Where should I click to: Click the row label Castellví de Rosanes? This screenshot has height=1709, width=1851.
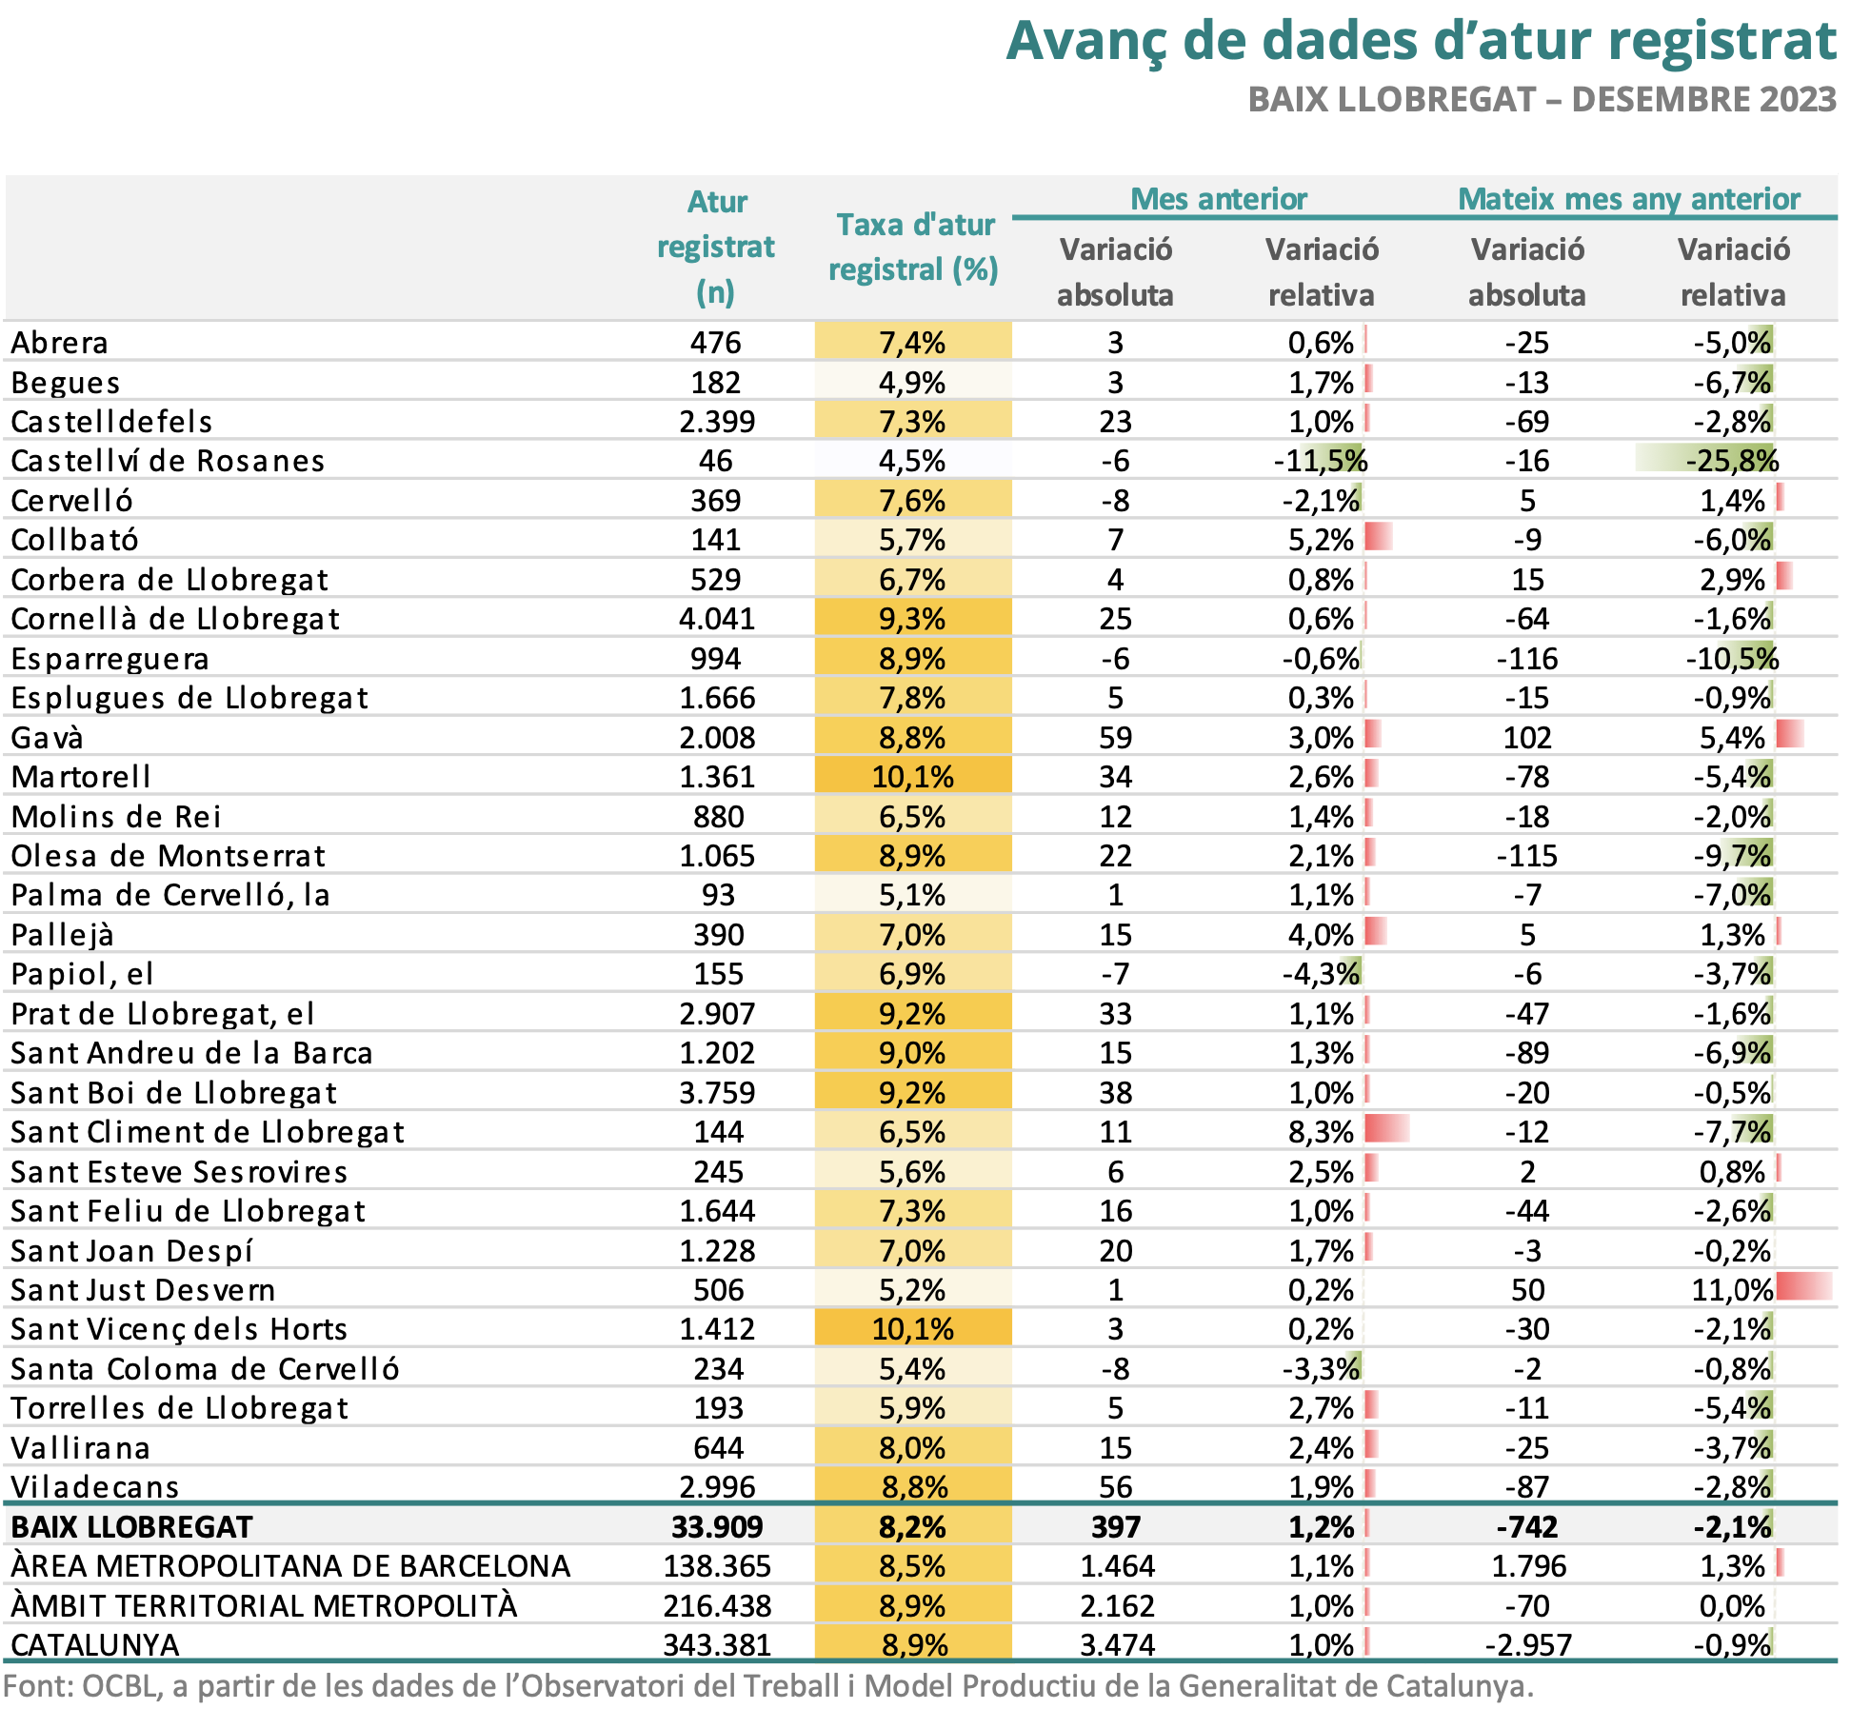coord(168,461)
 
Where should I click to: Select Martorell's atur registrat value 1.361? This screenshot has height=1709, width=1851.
coord(716,777)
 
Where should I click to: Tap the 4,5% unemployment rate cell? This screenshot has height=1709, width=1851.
coord(912,461)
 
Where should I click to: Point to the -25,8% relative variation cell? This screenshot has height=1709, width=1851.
coord(1731,461)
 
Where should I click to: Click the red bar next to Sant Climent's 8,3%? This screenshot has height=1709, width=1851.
coord(1386,1130)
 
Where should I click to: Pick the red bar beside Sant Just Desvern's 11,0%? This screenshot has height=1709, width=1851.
coord(1803,1287)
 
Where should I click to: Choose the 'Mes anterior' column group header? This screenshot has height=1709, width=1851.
coord(1218,199)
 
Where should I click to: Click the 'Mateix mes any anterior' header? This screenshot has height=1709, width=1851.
coord(1628,199)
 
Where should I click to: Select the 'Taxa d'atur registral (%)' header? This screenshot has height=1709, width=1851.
coord(913,248)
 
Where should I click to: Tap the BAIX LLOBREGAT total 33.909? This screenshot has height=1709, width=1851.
coord(716,1527)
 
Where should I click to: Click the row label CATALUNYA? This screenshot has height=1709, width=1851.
coord(95,1645)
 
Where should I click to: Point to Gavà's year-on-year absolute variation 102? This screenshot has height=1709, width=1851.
coord(1527,738)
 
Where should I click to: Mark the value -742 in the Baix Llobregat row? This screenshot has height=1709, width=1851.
coord(1527,1527)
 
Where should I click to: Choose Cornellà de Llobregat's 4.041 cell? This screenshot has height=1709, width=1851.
coord(716,619)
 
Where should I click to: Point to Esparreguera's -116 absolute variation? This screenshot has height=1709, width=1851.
coord(1527,659)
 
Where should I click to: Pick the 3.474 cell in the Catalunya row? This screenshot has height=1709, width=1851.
coord(1117,1645)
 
